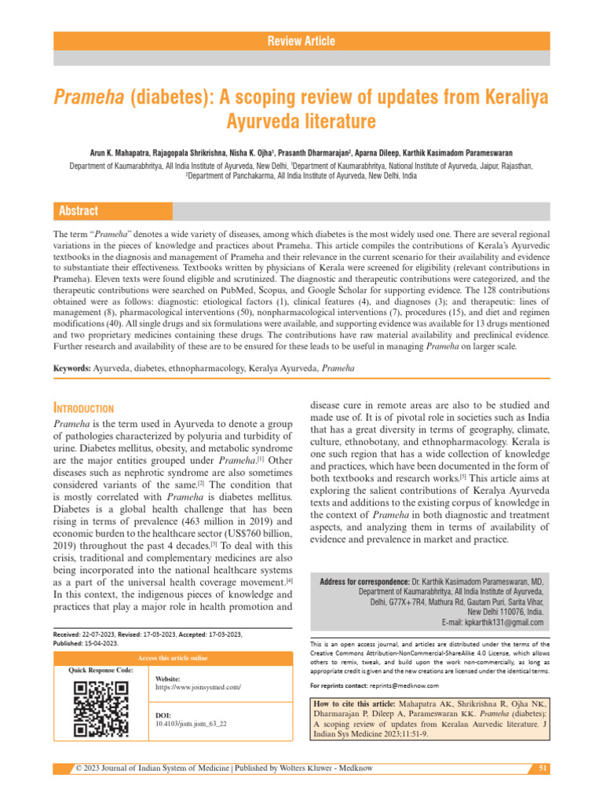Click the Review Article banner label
coord(301,41)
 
